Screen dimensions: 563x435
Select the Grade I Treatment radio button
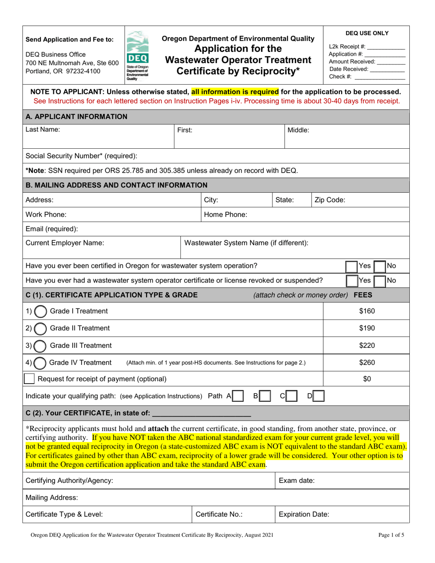(40, 312)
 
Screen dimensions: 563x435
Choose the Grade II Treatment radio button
(40, 328)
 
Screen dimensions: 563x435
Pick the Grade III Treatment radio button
(40, 345)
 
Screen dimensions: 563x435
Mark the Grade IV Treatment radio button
(40, 363)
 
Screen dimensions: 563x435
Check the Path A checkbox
(238, 396)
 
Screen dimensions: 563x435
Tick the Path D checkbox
(319, 396)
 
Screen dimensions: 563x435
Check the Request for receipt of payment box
(29, 379)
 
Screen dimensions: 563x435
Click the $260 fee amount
(367, 363)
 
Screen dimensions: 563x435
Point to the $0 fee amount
(367, 379)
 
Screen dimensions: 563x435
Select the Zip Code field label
(330, 200)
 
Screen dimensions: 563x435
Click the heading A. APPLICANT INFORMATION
(76, 117)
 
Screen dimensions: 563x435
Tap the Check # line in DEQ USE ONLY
(367, 76)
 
